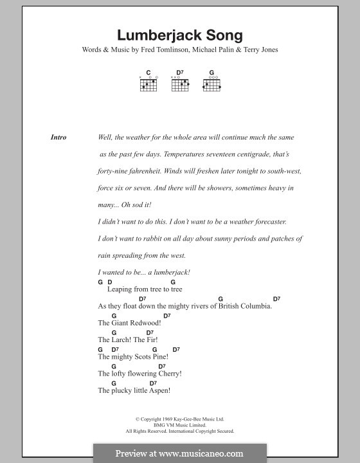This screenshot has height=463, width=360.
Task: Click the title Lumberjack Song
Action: click(x=180, y=36)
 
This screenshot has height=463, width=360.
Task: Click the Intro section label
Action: click(x=59, y=138)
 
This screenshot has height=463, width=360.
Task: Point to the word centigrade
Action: click(x=245, y=155)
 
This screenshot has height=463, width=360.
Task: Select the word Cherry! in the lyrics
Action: click(x=170, y=373)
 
